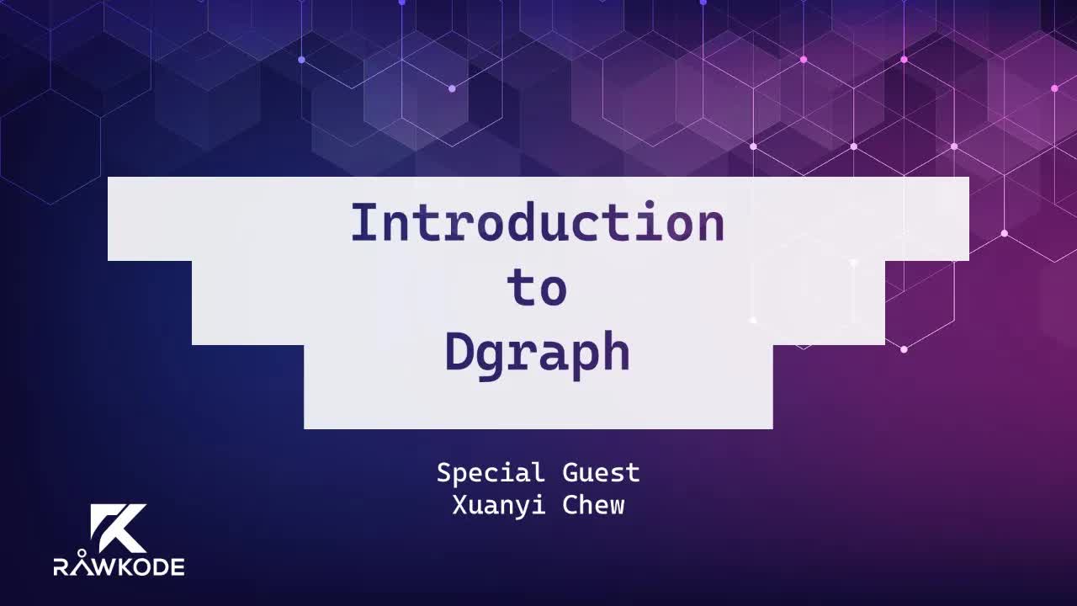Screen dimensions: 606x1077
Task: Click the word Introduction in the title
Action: (x=537, y=224)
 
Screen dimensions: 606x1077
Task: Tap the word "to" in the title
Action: (x=537, y=289)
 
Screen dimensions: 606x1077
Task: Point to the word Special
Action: (x=491, y=474)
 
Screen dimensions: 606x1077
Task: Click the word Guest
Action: (x=601, y=473)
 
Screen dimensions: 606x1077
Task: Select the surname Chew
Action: (x=593, y=505)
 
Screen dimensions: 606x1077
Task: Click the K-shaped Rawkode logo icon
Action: (x=119, y=528)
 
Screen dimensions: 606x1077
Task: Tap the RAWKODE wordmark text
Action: (x=119, y=566)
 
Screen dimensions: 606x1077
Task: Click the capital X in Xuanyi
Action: (x=459, y=505)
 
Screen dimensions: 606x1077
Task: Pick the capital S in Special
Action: (x=444, y=473)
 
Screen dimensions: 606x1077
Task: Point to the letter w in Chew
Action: (x=617, y=507)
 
